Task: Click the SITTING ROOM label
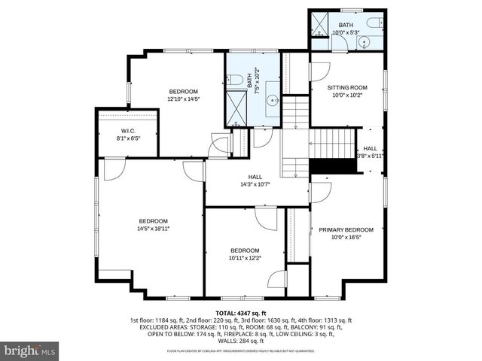pyautogui.click(x=346, y=87)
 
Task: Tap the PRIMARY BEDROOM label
pyautogui.click(x=346, y=229)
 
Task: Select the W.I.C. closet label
pyautogui.click(x=127, y=130)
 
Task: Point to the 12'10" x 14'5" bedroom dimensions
pyautogui.click(x=182, y=99)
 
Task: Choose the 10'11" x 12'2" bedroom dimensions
pyautogui.click(x=245, y=258)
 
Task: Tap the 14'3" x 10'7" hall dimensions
pyautogui.click(x=255, y=184)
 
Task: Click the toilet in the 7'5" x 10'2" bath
pyautogui.click(x=235, y=78)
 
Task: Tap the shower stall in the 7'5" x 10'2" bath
pyautogui.click(x=238, y=108)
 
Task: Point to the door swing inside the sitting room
pyautogui.click(x=320, y=71)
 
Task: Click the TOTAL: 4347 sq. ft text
pyautogui.click(x=240, y=313)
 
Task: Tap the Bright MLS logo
pyautogui.click(x=30, y=350)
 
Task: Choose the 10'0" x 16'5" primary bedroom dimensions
pyautogui.click(x=346, y=237)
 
